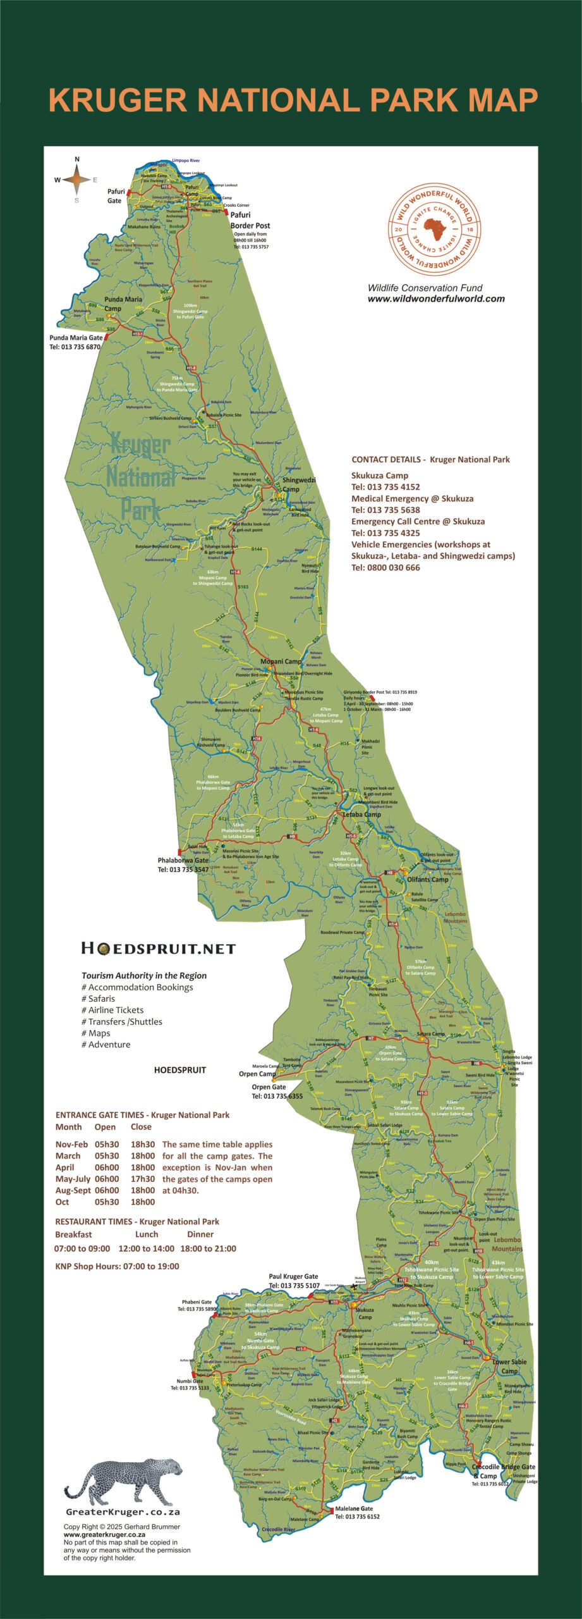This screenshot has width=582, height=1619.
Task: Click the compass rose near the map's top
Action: [77, 180]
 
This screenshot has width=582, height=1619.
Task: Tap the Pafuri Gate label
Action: [115, 196]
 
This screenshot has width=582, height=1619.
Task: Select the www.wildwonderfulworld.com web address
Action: [436, 299]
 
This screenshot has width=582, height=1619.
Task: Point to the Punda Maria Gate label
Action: [76, 338]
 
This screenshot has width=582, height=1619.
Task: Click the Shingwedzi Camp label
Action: [298, 484]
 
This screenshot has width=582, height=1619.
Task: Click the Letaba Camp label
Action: [361, 815]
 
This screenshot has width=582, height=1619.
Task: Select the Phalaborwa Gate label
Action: [183, 861]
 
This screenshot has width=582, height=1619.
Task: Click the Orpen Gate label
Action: [269, 1087]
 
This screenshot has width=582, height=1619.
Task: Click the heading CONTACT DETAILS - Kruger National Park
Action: [430, 460]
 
